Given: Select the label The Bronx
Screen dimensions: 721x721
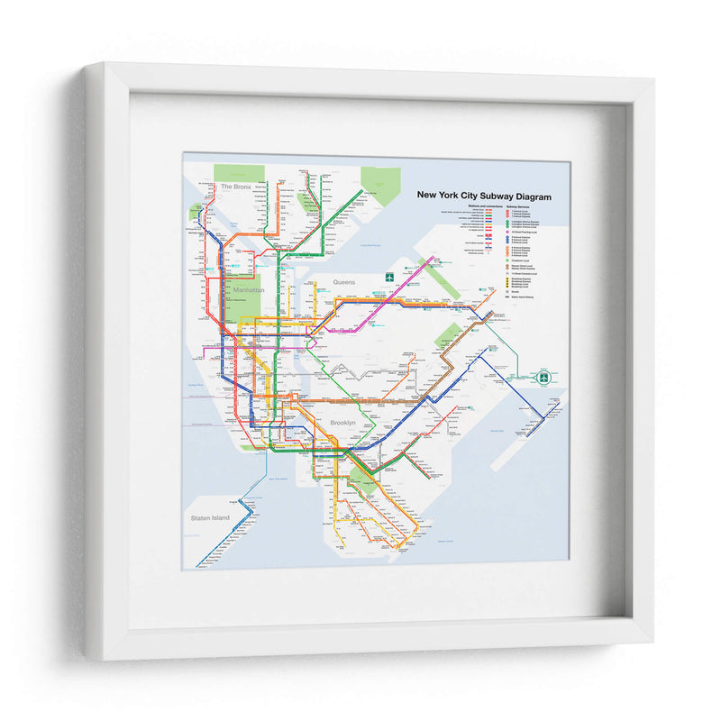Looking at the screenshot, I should point(236,187).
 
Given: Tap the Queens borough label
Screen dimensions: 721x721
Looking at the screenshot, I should point(344,282).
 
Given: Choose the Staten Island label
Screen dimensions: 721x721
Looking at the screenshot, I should point(209,518).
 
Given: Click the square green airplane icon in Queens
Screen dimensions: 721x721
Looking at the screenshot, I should point(391,278).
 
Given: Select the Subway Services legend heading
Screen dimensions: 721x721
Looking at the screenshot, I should point(524,206).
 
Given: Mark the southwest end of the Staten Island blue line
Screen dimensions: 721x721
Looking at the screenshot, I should point(199,563).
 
